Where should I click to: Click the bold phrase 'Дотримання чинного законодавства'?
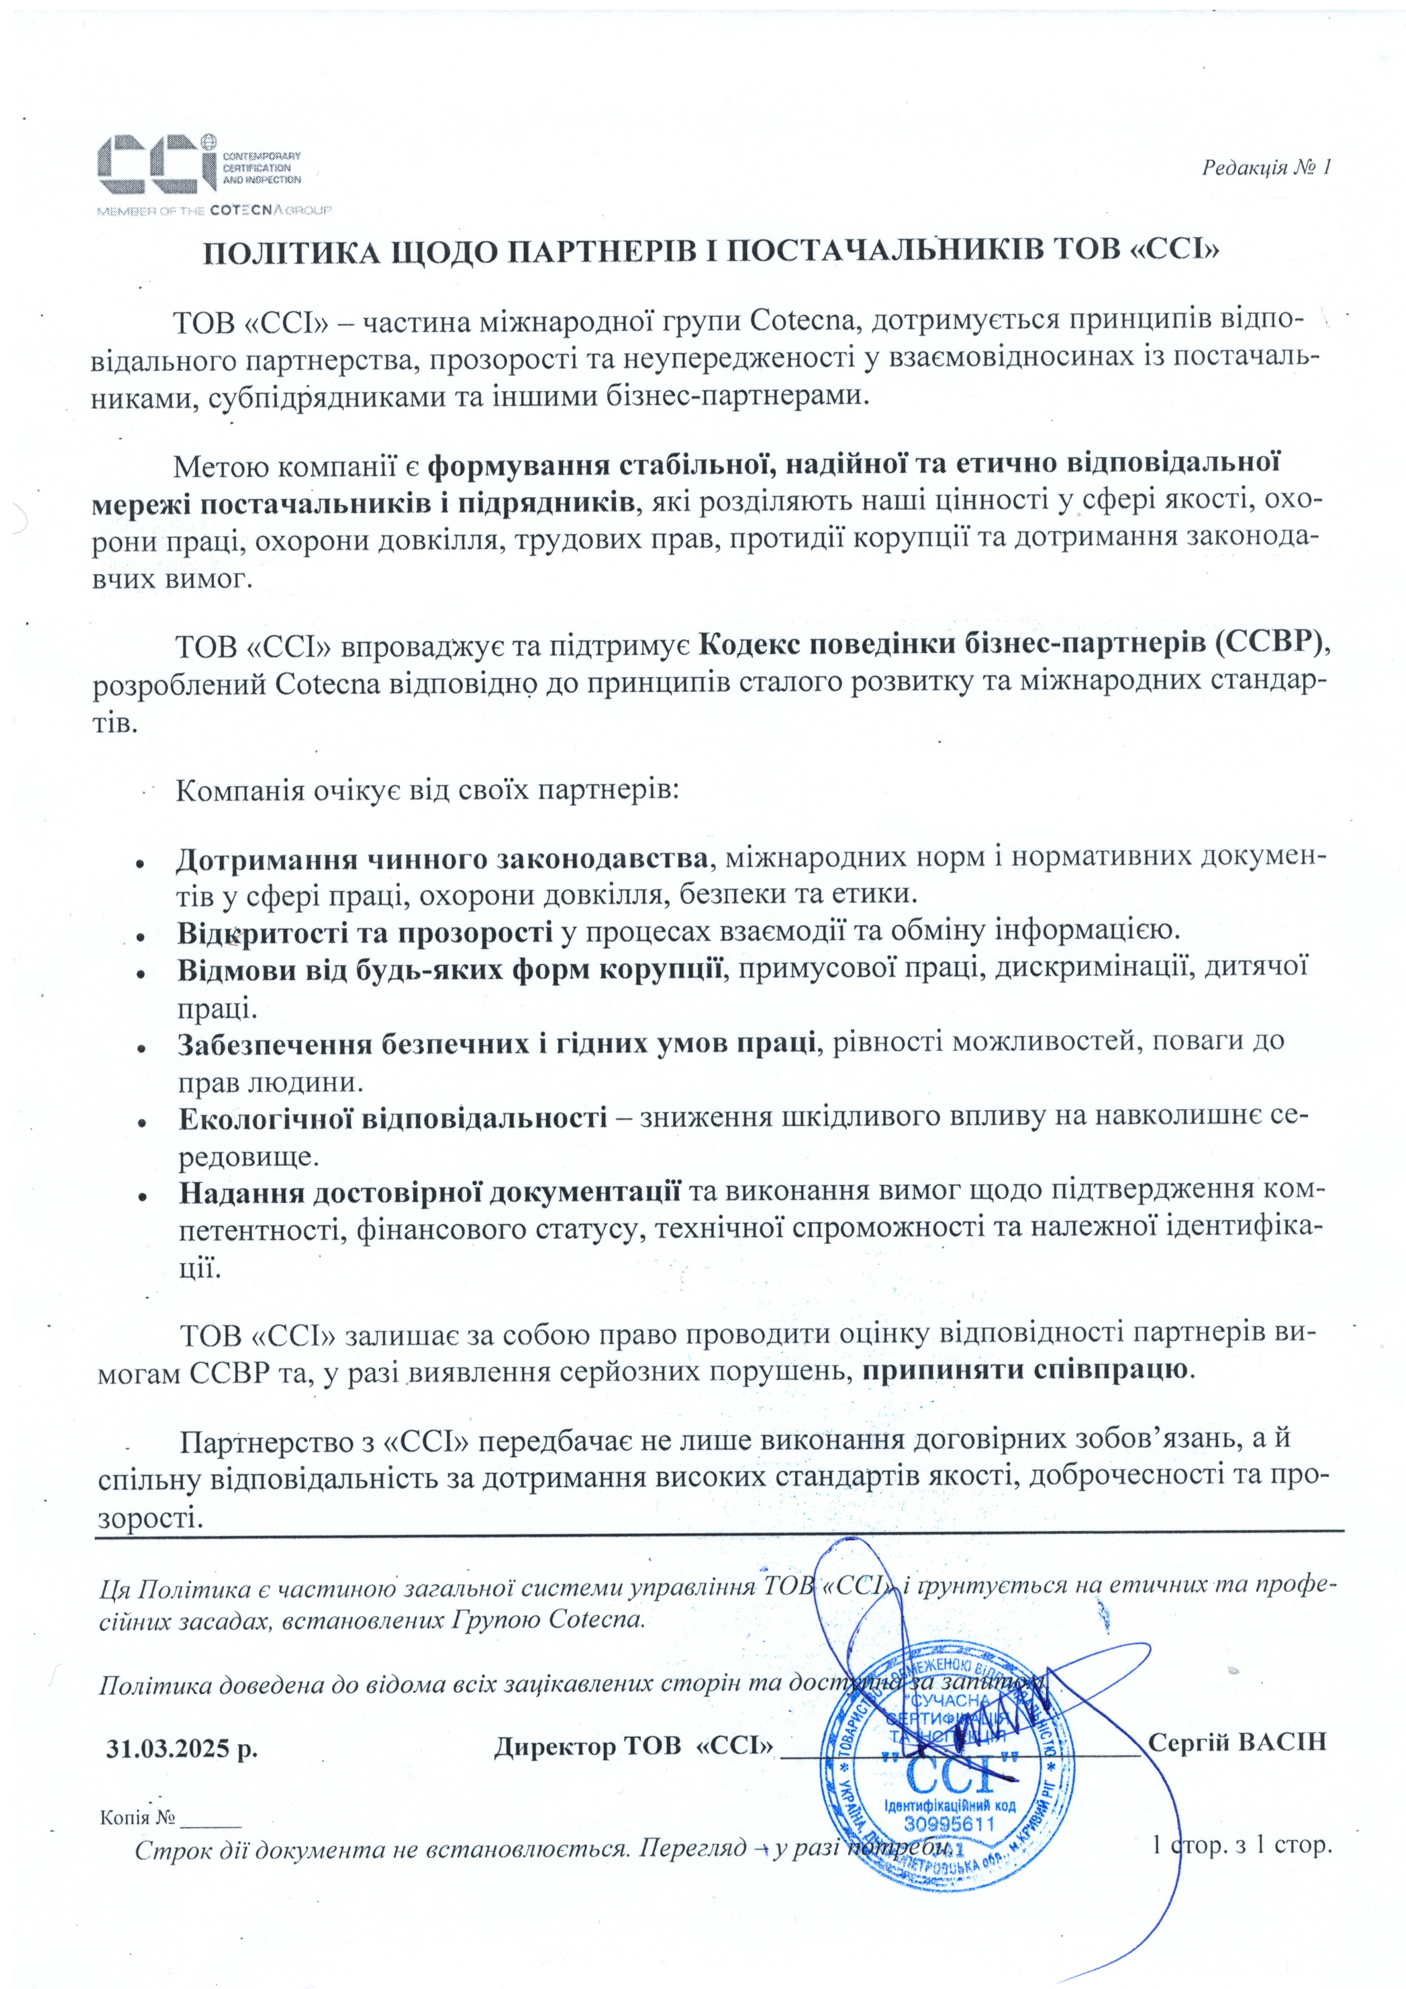[442, 859]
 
